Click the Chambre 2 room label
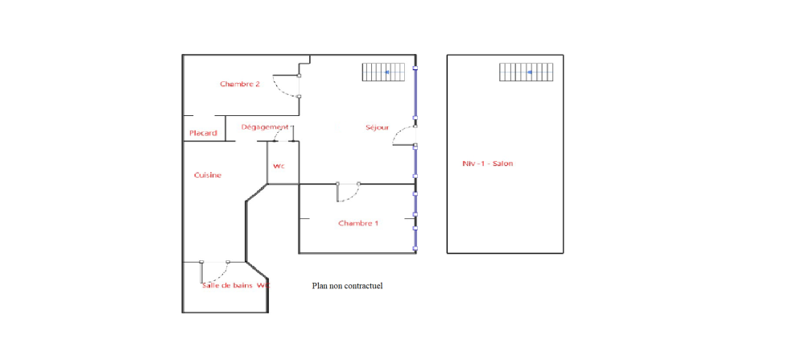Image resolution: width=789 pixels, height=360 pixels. pyautogui.click(x=240, y=84)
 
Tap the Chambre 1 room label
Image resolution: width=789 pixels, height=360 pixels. pyautogui.click(x=358, y=223)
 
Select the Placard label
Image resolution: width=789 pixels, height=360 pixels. pyautogui.click(x=203, y=134)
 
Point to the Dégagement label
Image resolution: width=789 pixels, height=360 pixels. pyautogui.click(x=265, y=127)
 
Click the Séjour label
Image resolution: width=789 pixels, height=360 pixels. pyautogui.click(x=377, y=128)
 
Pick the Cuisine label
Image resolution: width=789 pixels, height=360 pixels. pyautogui.click(x=208, y=176)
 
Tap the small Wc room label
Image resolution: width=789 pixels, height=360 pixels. pyautogui.click(x=279, y=166)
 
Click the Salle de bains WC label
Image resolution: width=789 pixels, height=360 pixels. pyautogui.click(x=235, y=285)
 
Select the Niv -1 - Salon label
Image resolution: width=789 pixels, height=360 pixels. pyautogui.click(x=488, y=163)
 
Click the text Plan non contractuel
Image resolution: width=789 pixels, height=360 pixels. pyautogui.click(x=348, y=286)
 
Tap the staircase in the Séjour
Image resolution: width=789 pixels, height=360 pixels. pyautogui.click(x=383, y=72)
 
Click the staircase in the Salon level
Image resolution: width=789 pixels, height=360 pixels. pyautogui.click(x=526, y=72)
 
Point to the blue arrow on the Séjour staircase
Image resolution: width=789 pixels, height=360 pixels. pyautogui.click(x=387, y=72)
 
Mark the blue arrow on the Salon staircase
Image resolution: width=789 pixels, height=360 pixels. pyautogui.click(x=530, y=72)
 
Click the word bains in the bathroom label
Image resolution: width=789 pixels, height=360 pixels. pyautogui.click(x=242, y=285)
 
